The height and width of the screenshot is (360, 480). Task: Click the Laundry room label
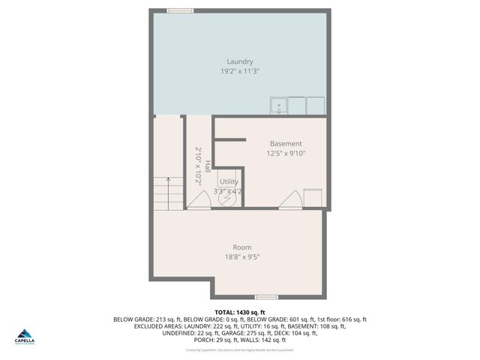[x=240, y=61]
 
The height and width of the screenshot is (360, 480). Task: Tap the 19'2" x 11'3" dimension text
[x=240, y=71]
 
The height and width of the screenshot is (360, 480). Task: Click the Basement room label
[x=286, y=143]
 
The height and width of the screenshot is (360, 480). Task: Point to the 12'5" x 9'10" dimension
[x=286, y=153]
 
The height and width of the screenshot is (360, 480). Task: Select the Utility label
[x=229, y=181]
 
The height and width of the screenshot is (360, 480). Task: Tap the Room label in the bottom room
[x=241, y=247]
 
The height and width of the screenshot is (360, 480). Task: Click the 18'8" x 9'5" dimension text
[x=241, y=256]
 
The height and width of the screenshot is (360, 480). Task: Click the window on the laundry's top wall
[x=180, y=10]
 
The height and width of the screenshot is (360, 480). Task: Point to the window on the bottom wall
[x=266, y=297]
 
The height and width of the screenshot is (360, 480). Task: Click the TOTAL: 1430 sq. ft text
[x=240, y=312]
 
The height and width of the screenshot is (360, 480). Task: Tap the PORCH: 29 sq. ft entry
[x=214, y=340]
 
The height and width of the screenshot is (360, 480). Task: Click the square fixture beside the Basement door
[x=313, y=198]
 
